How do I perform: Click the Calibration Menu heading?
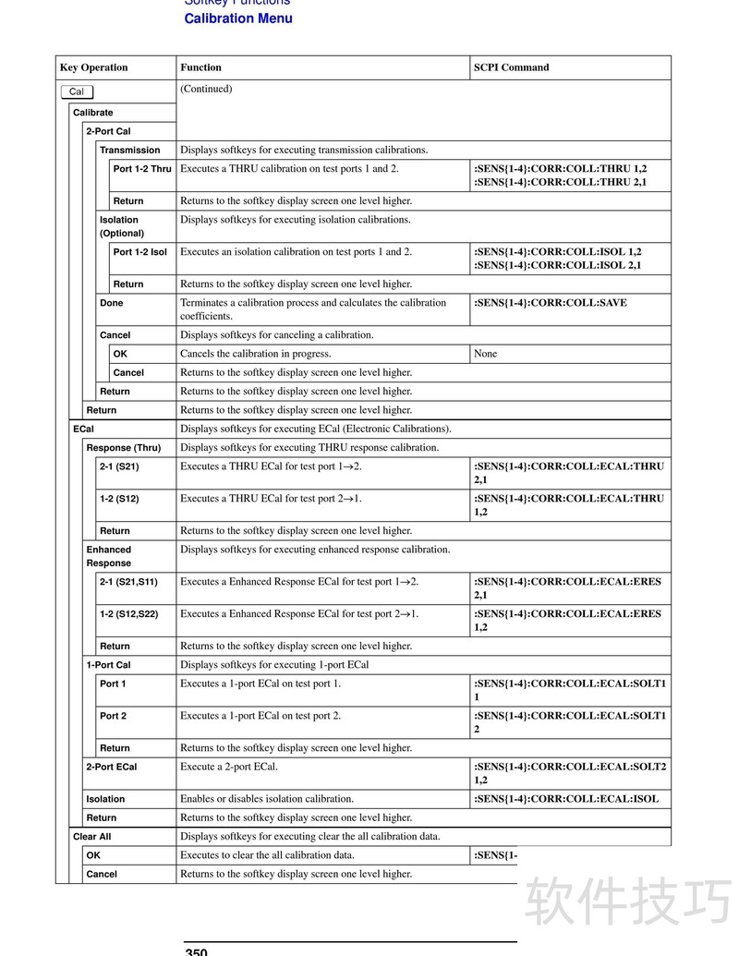point(238,18)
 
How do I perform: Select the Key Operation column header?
point(93,67)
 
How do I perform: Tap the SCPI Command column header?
point(511,67)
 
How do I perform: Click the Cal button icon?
point(77,91)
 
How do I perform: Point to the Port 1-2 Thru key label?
point(142,169)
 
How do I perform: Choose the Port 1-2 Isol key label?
point(140,252)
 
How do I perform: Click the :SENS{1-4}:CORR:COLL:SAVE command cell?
point(550,303)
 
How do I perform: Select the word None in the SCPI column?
point(485,354)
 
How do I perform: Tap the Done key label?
point(111,303)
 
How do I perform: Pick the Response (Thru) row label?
point(123,448)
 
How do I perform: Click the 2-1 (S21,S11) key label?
point(128,582)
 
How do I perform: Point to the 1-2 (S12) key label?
point(119,499)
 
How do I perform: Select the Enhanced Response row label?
point(109,556)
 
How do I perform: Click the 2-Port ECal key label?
point(111,767)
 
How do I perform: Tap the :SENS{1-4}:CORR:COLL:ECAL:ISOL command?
point(566,799)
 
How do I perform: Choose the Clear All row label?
point(92,837)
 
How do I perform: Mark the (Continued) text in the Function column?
point(206,90)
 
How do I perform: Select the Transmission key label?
point(129,151)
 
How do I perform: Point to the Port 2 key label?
point(113,716)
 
